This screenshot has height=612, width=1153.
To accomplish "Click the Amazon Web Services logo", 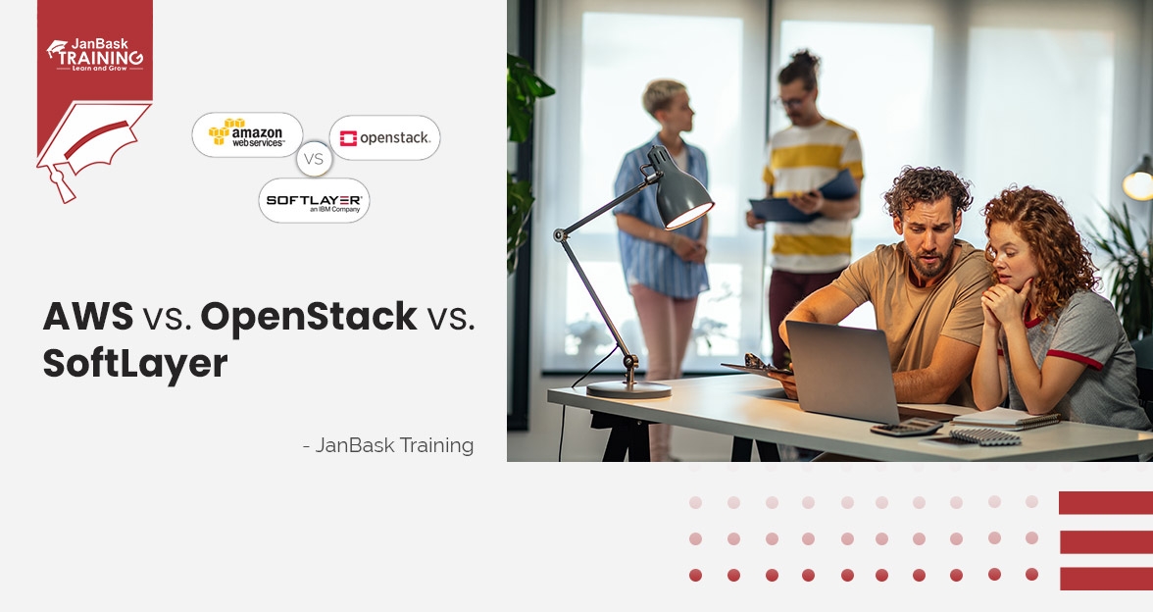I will pos(247,134).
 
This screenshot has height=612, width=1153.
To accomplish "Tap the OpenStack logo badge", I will pos(384,137).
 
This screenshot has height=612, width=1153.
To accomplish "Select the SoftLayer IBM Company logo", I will pos(314,200).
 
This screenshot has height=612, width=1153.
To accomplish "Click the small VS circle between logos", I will pos(314,158).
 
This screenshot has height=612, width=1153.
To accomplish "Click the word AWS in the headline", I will pos(88,316).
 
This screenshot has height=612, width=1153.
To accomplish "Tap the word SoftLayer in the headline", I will pos(134,364).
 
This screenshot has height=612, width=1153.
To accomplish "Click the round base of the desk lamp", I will pos(627,388).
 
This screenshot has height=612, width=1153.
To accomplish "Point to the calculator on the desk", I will pos(905,427).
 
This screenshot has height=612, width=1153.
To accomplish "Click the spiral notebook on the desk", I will pos(1007,419).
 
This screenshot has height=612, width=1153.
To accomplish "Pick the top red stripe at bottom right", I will pos(1105,503).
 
